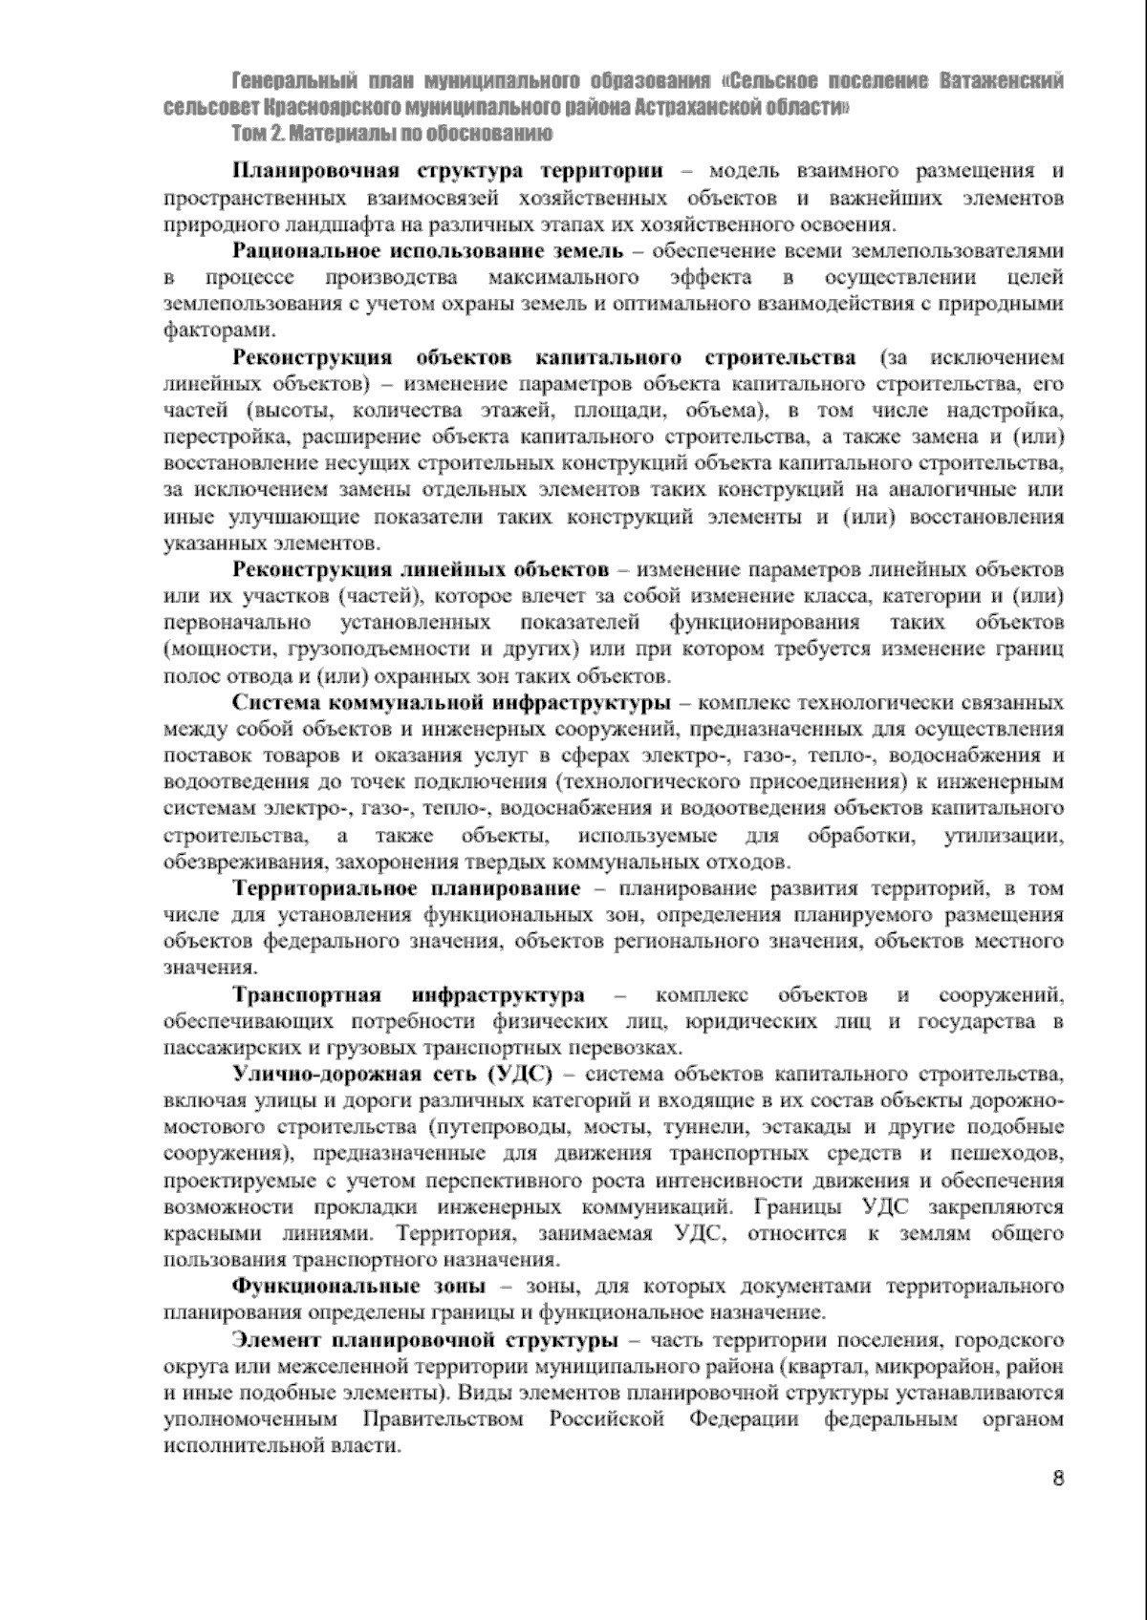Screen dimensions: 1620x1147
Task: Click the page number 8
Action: click(x=1057, y=1479)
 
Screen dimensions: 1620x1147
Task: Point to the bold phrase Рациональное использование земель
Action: click(x=428, y=251)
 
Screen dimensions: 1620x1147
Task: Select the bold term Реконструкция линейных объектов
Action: click(x=421, y=571)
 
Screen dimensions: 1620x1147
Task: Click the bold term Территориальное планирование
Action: click(x=406, y=889)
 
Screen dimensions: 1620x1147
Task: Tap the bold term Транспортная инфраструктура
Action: click(x=409, y=995)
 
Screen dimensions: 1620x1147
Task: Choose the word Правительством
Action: click(x=442, y=1419)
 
